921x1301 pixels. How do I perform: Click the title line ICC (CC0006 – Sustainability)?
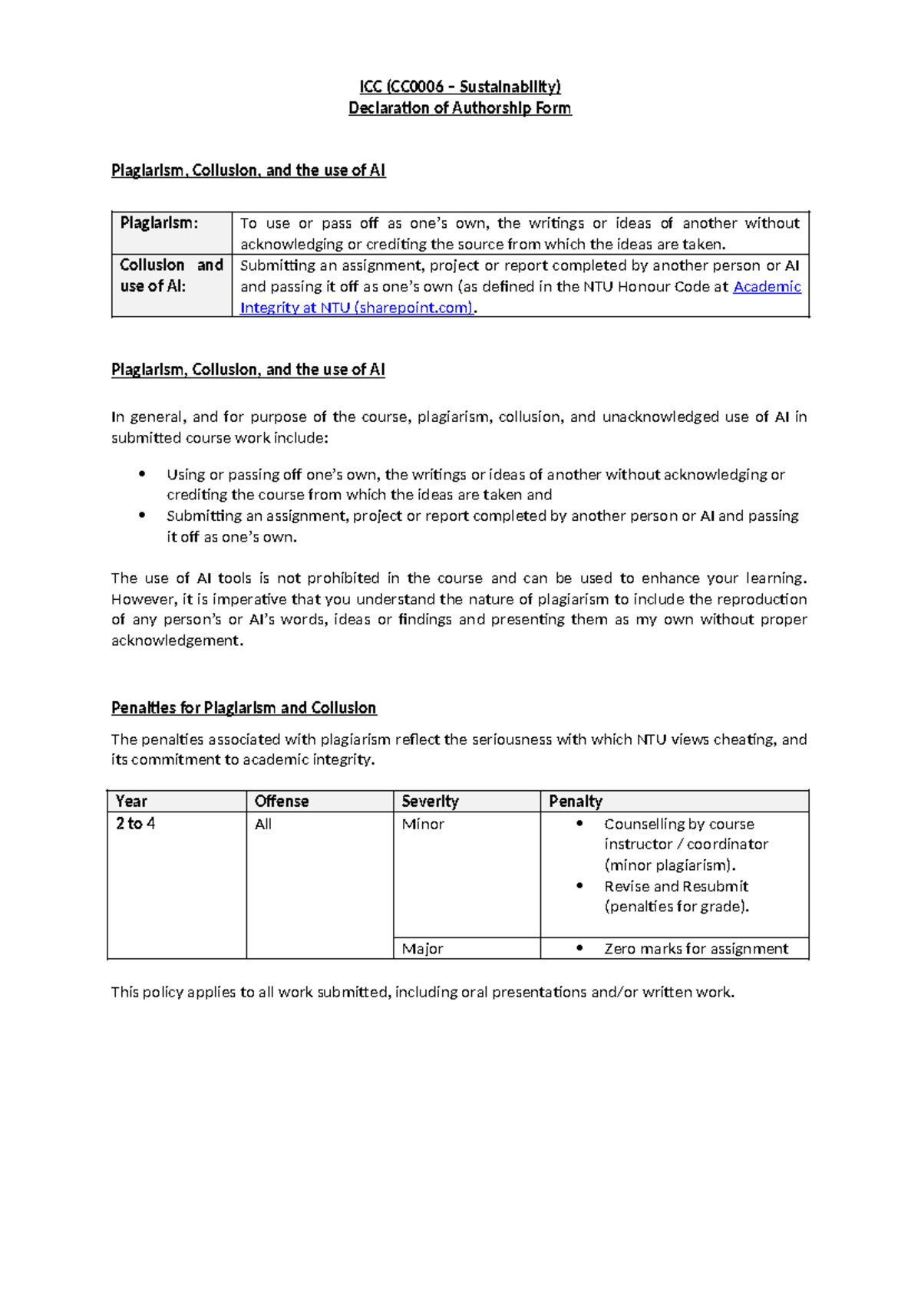pos(460,87)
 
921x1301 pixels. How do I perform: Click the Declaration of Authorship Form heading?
pos(460,108)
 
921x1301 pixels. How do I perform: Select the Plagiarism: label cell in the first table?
pos(159,223)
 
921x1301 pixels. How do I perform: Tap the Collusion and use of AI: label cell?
pos(171,275)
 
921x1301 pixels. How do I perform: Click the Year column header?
pos(131,802)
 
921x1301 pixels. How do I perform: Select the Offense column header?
pos(282,802)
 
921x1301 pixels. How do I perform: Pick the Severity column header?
pos(430,802)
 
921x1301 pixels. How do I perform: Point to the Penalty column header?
pos(576,802)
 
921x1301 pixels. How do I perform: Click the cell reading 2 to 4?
pos(136,824)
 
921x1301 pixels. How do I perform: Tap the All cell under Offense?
pos(263,825)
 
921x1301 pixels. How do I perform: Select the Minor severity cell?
pos(423,825)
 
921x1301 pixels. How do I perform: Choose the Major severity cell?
pos(422,949)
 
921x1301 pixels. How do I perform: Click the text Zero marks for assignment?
pos(696,949)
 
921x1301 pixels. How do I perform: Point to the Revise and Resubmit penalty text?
pos(676,887)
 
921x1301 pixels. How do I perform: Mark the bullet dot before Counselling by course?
pos(580,824)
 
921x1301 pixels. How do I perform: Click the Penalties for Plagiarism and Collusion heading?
pos(244,708)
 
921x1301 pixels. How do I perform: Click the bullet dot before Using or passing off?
pos(142,474)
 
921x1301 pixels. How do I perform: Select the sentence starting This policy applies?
pos(422,993)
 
